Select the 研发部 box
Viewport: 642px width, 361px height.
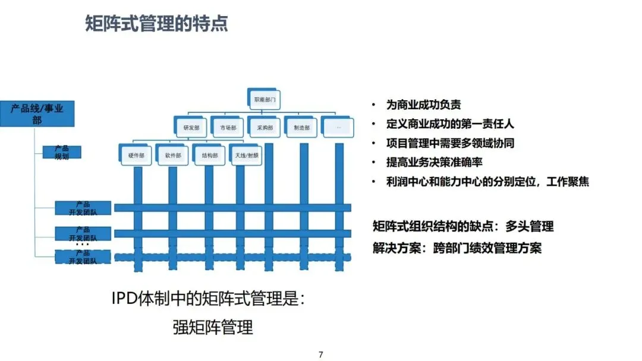click(x=191, y=127)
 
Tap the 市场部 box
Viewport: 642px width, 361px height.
click(x=228, y=127)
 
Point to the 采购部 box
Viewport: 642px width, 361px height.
click(x=265, y=127)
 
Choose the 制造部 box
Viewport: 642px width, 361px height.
click(x=301, y=127)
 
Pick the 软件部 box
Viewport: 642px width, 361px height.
click(x=173, y=155)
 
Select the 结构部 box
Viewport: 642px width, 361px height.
click(x=209, y=155)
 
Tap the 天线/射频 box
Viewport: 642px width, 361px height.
click(x=246, y=155)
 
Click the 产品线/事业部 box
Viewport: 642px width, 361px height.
click(x=37, y=113)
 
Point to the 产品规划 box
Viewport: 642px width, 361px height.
click(x=62, y=152)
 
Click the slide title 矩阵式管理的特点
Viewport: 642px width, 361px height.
click(x=156, y=24)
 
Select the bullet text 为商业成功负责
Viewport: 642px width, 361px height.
click(x=423, y=105)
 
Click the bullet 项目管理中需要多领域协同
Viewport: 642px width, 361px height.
click(x=450, y=143)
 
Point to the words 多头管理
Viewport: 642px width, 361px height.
click(x=530, y=226)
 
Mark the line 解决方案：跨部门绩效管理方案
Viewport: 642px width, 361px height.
click(x=457, y=248)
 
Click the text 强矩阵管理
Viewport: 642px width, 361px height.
click(x=213, y=327)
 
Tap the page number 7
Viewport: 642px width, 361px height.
click(x=321, y=354)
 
